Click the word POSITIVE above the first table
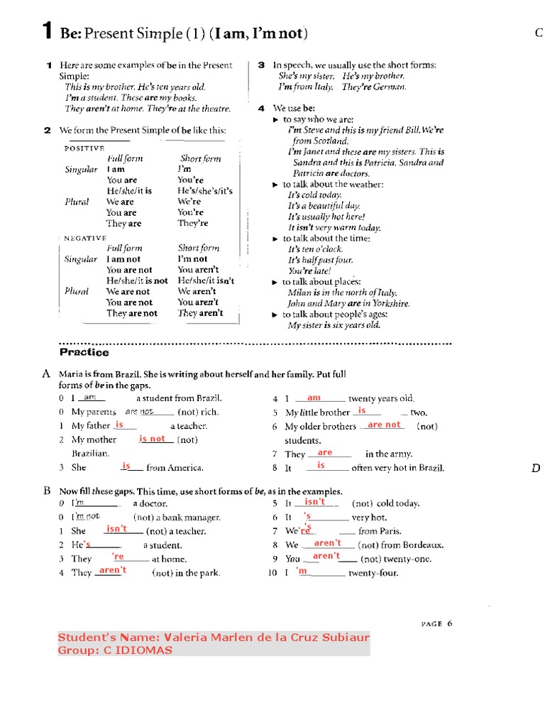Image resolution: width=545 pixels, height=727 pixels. [84, 148]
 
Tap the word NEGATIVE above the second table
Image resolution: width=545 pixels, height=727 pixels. [84, 238]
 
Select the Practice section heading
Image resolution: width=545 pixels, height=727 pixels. [84, 352]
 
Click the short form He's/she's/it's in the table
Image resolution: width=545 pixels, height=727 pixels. [204, 191]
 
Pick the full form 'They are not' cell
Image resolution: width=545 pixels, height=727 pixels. [132, 313]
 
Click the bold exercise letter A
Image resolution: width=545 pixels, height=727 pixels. [46, 373]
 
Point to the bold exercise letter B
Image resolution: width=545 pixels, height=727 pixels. [46, 491]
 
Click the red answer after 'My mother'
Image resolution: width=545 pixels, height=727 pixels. [153, 439]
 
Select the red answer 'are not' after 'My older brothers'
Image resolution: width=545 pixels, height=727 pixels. [384, 425]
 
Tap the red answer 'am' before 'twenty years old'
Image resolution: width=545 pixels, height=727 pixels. [314, 398]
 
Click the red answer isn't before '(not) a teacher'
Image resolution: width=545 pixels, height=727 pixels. [116, 529]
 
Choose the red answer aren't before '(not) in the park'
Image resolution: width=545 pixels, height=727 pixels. [113, 570]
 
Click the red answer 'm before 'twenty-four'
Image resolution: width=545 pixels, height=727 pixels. [302, 571]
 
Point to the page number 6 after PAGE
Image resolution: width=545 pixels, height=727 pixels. [449, 623]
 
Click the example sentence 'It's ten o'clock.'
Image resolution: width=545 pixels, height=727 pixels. [314, 249]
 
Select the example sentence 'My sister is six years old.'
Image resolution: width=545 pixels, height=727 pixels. [334, 325]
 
